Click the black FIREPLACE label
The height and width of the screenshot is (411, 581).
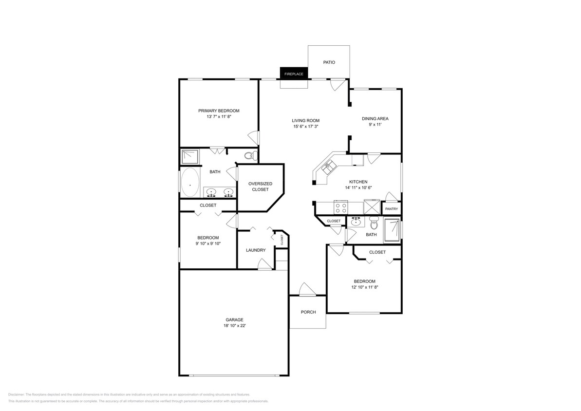(x=294, y=74)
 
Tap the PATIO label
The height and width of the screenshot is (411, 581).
(x=329, y=62)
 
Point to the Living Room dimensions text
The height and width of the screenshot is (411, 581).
(x=306, y=127)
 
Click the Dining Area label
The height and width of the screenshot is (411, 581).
(x=375, y=118)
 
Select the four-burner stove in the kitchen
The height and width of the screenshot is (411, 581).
(x=340, y=208)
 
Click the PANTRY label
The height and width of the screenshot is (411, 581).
(x=392, y=209)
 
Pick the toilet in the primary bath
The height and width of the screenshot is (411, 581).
(x=249, y=156)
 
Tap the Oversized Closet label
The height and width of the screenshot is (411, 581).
(x=260, y=187)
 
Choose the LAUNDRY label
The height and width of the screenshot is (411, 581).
(x=256, y=250)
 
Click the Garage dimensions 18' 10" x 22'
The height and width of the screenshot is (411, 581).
(x=234, y=326)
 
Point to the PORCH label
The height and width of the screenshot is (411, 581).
(x=308, y=312)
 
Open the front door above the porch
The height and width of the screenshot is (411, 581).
(x=307, y=290)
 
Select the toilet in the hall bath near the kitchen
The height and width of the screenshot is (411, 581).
(x=374, y=223)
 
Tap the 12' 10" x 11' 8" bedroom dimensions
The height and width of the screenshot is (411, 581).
(x=364, y=287)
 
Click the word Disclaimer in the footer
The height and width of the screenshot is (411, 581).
(x=16, y=394)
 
